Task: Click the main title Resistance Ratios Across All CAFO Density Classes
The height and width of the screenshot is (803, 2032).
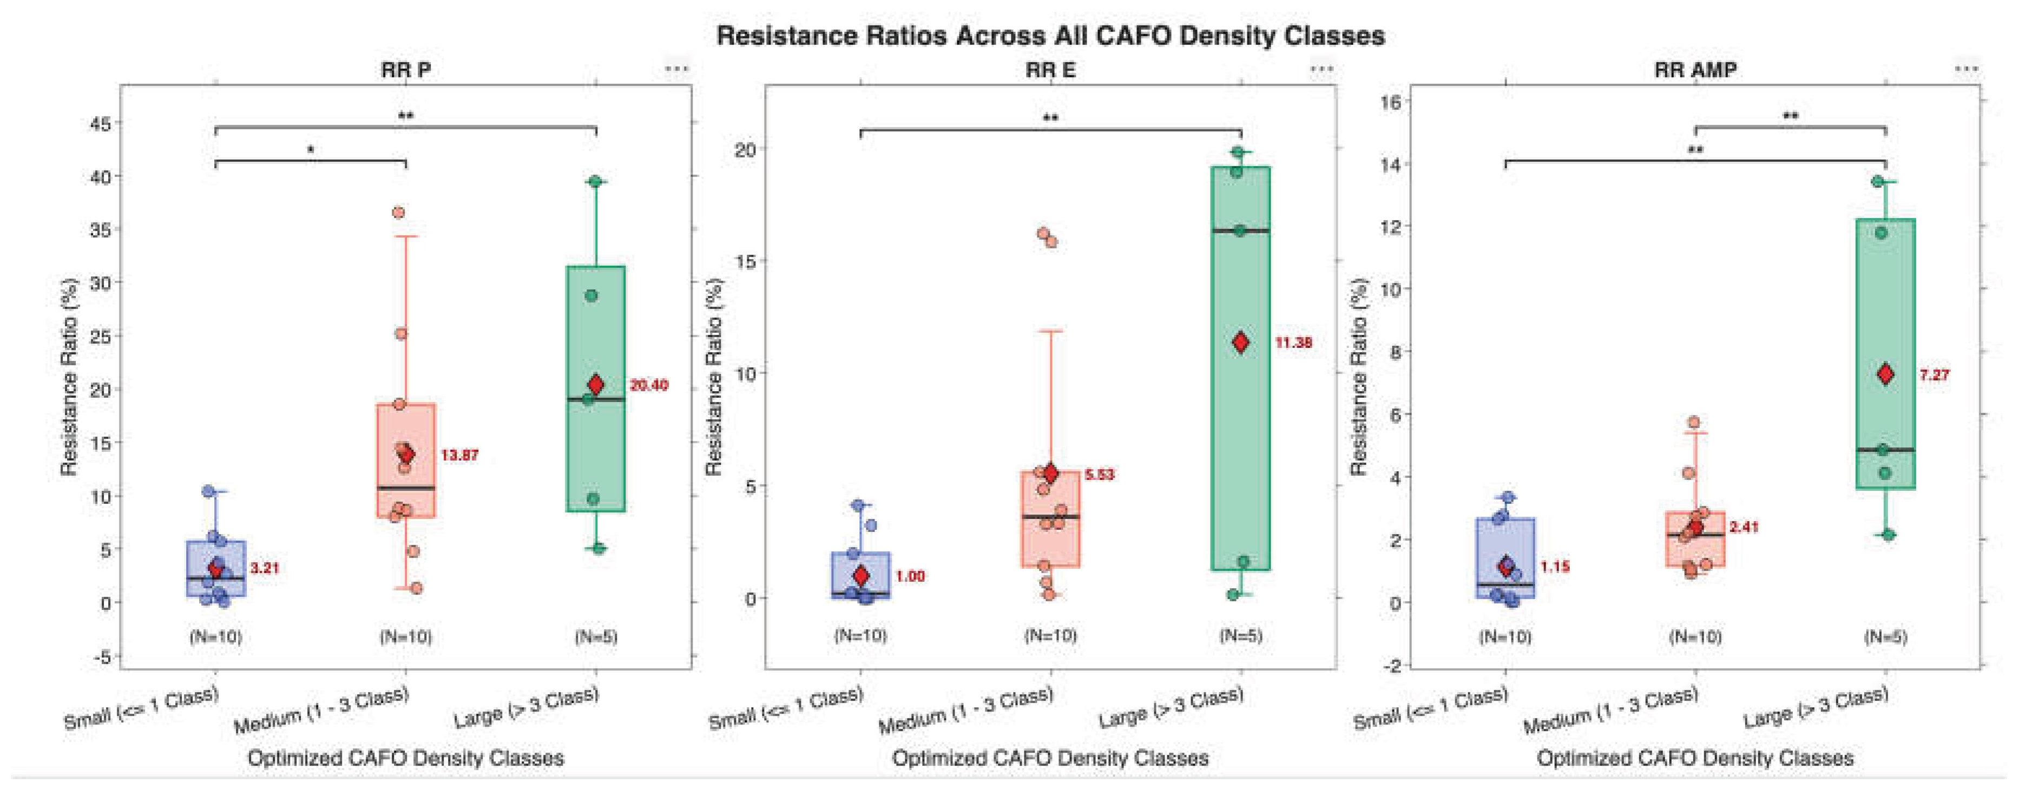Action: click(1050, 36)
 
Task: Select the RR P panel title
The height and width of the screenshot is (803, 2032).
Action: click(405, 70)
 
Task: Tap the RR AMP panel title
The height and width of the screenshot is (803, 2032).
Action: click(1695, 70)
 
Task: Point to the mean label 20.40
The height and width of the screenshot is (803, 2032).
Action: click(648, 385)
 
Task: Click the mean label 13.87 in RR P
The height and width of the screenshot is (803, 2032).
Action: click(459, 455)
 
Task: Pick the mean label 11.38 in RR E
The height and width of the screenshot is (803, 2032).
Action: click(1294, 343)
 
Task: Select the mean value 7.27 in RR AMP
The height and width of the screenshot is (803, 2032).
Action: click(1934, 374)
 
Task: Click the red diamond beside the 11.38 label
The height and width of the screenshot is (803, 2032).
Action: click(1241, 343)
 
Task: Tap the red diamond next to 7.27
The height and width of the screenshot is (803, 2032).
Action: click(1886, 374)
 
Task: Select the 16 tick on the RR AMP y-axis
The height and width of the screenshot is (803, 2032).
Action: click(1390, 102)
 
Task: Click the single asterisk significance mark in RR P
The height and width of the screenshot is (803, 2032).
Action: click(311, 150)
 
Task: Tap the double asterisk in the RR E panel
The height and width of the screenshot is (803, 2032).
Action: click(1051, 119)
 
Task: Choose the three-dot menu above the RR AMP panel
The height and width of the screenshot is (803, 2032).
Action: click(1967, 69)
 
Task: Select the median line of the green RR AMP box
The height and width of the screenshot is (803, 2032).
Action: click(1886, 450)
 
